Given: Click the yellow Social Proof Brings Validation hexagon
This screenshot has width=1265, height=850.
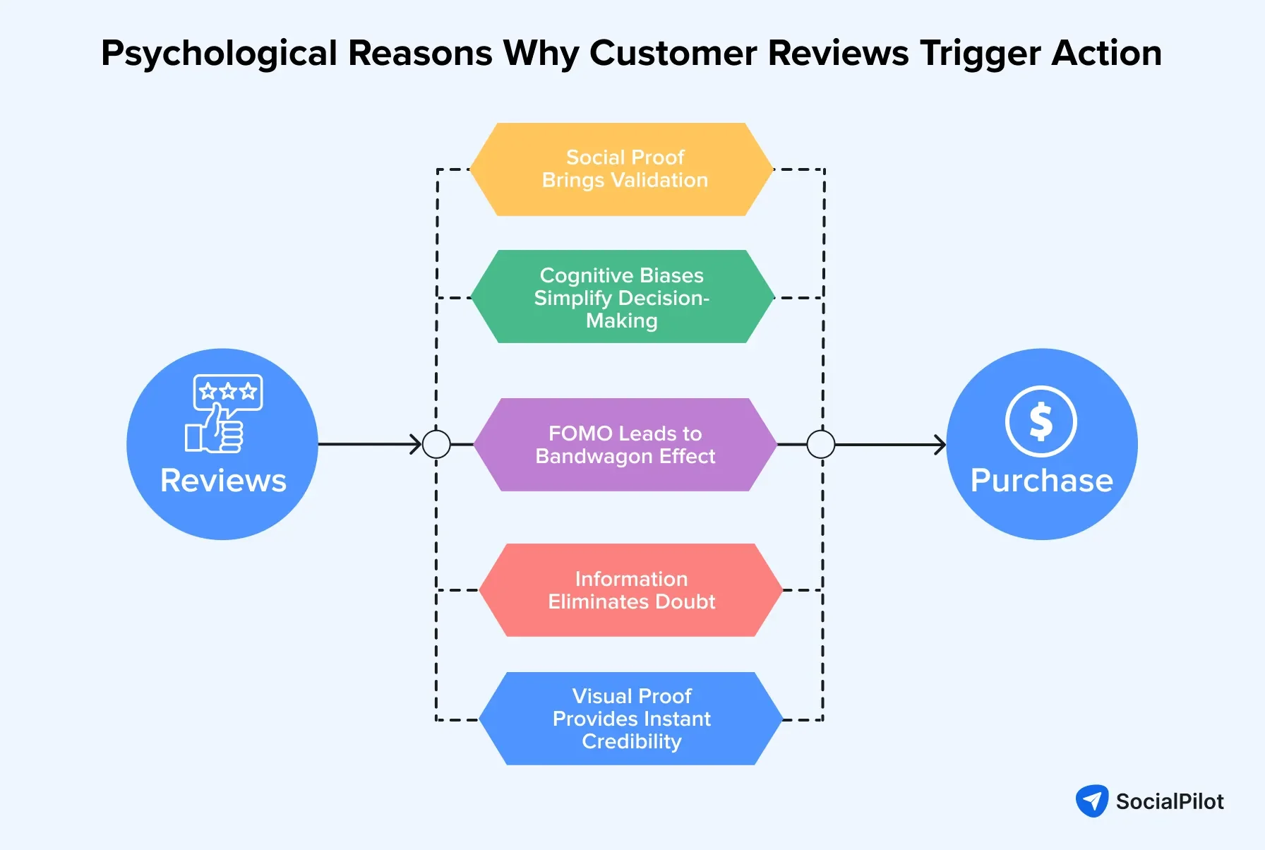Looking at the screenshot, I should coord(622,169).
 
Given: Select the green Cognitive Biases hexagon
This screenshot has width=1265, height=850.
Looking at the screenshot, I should coord(622,297).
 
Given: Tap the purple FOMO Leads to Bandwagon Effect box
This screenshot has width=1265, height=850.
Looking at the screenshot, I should coord(625,445).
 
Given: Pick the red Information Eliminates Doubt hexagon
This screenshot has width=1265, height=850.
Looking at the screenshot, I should coord(630,590).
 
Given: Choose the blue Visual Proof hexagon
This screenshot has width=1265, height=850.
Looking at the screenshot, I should coord(630,719).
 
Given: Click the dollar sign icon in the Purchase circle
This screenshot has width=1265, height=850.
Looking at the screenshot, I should coord(1041,421).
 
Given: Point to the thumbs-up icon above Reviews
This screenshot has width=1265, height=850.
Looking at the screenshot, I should coord(215,431).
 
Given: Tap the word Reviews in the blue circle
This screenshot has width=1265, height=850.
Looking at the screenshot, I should coord(223,481).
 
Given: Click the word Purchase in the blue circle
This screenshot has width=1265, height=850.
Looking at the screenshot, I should coord(1041,481).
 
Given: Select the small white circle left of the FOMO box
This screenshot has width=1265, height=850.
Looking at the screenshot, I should coord(436,445).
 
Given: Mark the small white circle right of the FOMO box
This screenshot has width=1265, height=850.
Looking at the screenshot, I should coord(820,445).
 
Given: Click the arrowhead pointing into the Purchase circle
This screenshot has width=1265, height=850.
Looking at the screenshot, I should coord(940,445).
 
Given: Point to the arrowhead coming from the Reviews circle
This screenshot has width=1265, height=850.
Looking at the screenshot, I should coord(416,445).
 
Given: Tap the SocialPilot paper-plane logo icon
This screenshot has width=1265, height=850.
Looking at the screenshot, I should coord(1091,801).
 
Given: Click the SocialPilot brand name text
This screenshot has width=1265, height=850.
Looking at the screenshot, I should coord(1170,802).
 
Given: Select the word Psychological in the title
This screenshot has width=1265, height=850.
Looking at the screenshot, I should coord(220,54).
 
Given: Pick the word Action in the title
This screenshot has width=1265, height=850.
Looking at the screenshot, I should coord(1106,54).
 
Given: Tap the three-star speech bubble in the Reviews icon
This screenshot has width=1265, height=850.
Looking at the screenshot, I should coord(228,392).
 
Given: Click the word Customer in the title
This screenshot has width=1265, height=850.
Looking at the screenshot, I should coord(673,54).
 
